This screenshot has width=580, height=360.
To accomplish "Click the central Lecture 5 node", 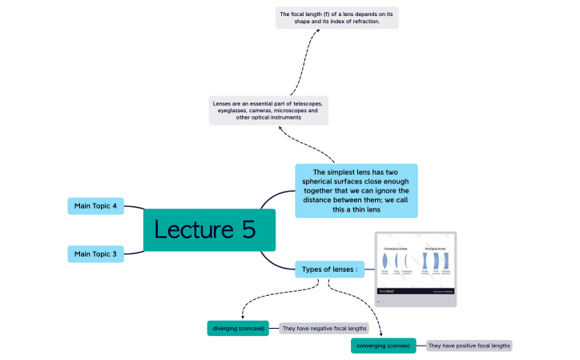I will point(209,230).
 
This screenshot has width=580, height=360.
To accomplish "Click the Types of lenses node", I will point(329,269).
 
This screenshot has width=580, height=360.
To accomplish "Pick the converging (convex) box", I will point(383,346).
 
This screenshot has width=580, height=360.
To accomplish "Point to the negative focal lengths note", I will point(317,328).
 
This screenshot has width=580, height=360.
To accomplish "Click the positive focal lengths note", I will point(469,346).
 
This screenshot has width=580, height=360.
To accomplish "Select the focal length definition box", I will point(336,18).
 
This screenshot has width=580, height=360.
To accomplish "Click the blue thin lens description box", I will point(356,191).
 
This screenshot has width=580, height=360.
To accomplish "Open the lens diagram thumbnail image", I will point(416,269).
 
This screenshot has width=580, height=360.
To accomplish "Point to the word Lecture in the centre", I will point(191,230).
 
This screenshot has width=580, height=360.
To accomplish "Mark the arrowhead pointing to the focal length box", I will point(325,30).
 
